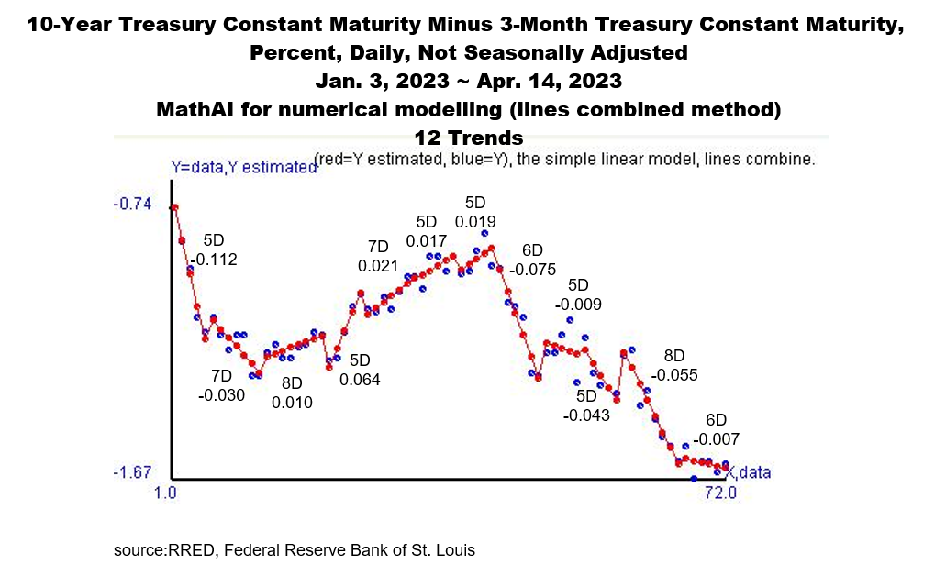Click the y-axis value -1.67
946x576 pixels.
point(131,472)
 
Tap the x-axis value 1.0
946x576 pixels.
point(166,493)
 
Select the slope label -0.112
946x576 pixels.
point(213,260)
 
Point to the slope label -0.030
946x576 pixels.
point(221,395)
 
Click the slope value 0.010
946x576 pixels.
point(292,402)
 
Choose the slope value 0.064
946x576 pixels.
point(360,379)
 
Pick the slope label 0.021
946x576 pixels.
point(378,266)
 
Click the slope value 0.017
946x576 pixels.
point(427,242)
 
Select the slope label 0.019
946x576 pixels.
point(475,221)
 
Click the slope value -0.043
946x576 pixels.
point(585,415)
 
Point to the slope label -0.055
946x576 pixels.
point(674,374)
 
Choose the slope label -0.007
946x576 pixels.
point(716,439)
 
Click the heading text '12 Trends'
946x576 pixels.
point(468,138)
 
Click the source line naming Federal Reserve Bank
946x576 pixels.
point(295,550)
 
